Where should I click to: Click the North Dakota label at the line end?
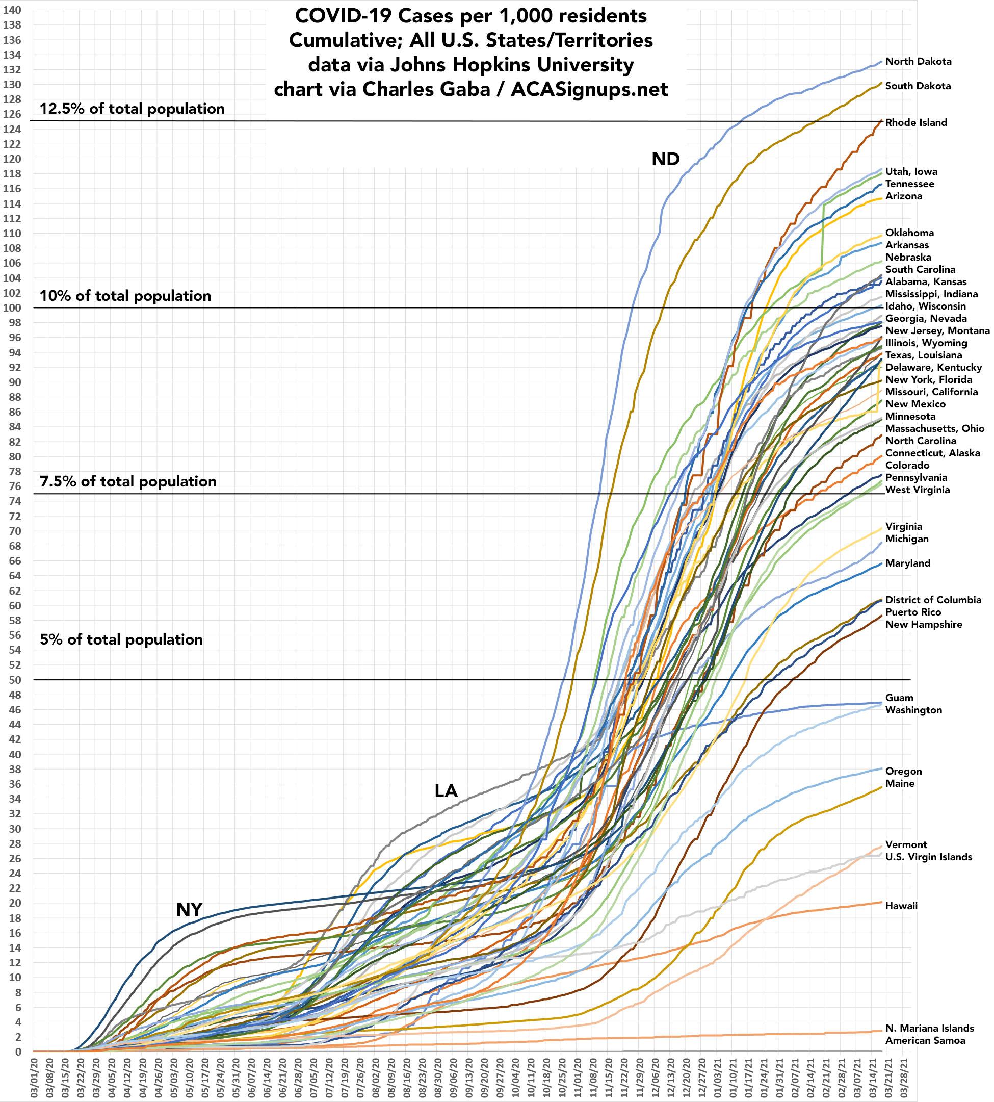coord(918,62)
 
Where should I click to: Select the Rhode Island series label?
coord(916,123)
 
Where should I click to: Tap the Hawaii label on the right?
coord(901,906)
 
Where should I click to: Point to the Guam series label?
coord(899,698)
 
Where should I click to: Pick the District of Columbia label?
coord(933,600)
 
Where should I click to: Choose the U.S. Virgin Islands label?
coord(928,857)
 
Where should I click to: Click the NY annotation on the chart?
coord(189,910)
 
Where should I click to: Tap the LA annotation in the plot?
coord(446,790)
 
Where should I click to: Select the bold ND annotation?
coord(665,159)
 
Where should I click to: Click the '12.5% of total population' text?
coord(132,109)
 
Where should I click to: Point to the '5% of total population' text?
coord(121,640)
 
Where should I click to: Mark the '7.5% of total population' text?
coord(128,481)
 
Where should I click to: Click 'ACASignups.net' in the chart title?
coord(589,89)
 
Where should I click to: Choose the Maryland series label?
coord(908,563)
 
